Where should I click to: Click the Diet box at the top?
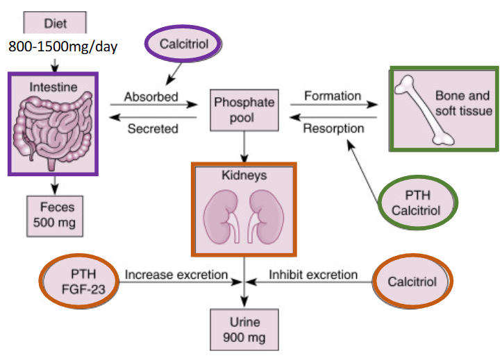(x=55, y=22)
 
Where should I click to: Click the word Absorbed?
(x=151, y=96)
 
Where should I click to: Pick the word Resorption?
(x=334, y=128)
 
